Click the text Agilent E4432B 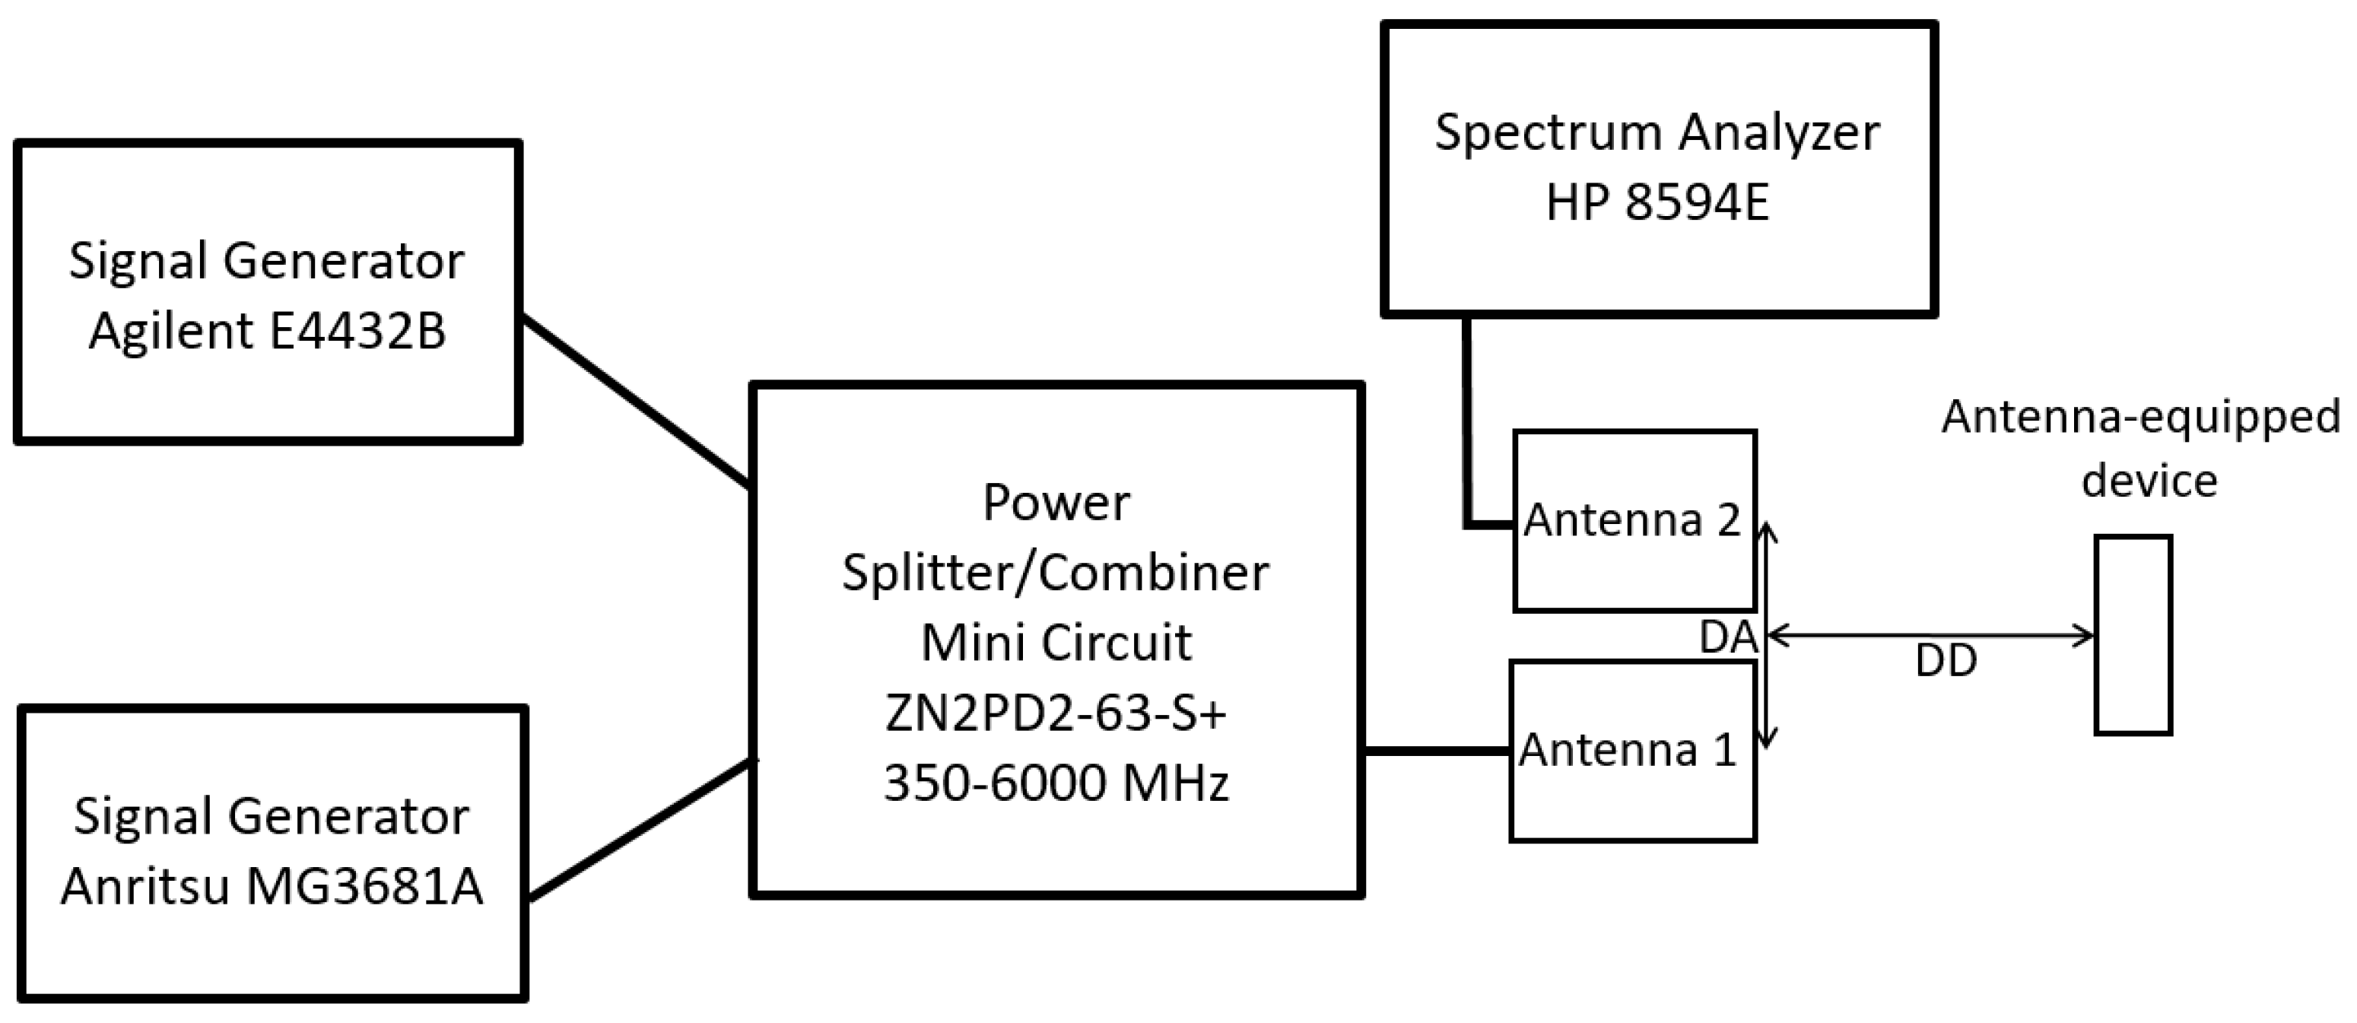point(267,332)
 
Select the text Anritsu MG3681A point(272,886)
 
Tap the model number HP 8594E point(1657,202)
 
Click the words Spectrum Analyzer point(1657,132)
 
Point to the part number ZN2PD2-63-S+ point(1056,713)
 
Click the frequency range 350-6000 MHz point(1056,783)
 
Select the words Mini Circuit point(1056,643)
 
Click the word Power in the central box point(1056,502)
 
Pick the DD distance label point(1946,661)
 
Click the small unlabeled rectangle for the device point(2133,635)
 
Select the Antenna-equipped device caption point(2141,448)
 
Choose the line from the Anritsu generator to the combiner point(640,829)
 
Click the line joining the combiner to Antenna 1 point(1437,751)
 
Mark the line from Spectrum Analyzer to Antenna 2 point(1468,430)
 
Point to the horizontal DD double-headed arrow point(1930,635)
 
